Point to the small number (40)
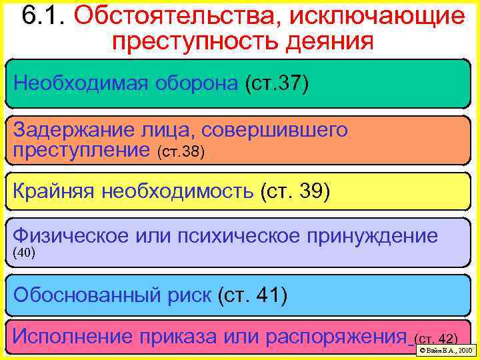click(x=24, y=253)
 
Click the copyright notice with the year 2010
click(x=444, y=350)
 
